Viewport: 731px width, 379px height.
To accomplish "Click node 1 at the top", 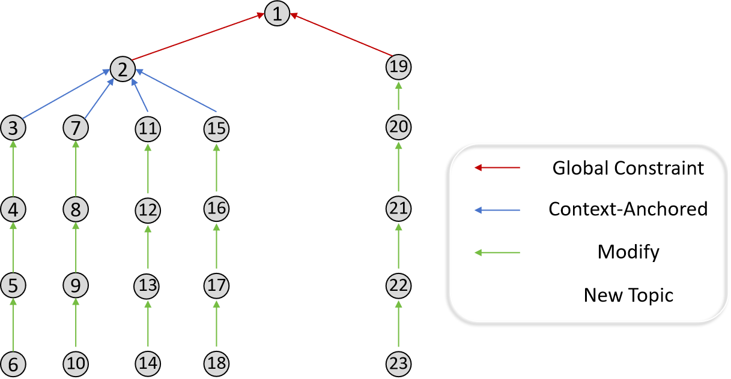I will [277, 14].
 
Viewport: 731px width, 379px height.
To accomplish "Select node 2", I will [123, 70].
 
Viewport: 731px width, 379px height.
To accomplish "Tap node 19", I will [398, 67].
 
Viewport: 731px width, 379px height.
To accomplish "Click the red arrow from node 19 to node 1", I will [342, 35].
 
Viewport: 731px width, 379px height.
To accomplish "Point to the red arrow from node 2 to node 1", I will [198, 38].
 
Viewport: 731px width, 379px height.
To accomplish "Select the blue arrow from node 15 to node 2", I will [177, 91].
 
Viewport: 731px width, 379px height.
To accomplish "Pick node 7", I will [76, 128].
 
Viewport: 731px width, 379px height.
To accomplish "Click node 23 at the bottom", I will [398, 363].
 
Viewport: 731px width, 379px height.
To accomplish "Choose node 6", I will [13, 363].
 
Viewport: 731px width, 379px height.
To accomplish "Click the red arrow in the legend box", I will [497, 167].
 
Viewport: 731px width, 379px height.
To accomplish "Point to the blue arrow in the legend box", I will [497, 210].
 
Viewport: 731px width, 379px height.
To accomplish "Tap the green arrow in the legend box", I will [497, 252].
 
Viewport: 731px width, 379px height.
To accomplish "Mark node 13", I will [148, 286].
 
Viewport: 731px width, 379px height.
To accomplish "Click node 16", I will [216, 209].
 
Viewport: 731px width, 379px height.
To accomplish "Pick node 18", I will [216, 363].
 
